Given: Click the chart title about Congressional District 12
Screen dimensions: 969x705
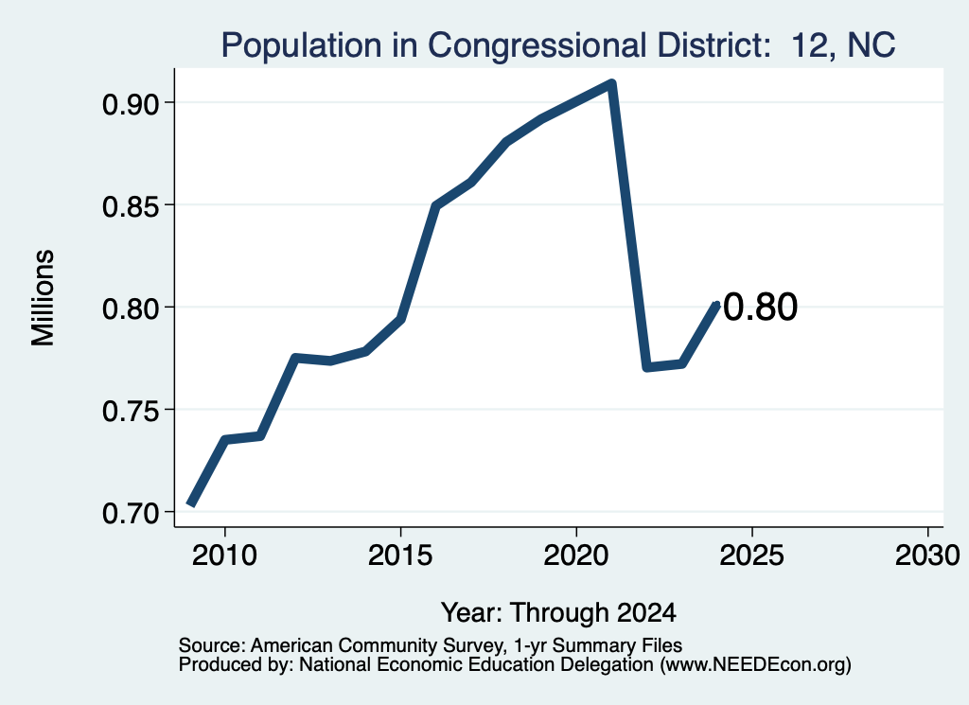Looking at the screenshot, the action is click(x=558, y=45).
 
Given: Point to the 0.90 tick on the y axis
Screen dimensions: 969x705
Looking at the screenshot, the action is click(x=131, y=104).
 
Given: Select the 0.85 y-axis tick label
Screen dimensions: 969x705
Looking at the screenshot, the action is click(x=131, y=207).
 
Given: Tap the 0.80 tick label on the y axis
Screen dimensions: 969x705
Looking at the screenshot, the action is click(x=131, y=308).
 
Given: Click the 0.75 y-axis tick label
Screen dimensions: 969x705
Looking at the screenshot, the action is click(x=131, y=412).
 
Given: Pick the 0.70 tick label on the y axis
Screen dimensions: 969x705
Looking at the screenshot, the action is click(x=131, y=514).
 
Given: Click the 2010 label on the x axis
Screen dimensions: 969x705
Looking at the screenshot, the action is click(x=224, y=555).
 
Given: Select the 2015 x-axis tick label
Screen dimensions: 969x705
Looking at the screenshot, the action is click(x=400, y=555).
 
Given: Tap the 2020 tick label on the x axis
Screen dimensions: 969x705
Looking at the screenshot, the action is click(x=576, y=555).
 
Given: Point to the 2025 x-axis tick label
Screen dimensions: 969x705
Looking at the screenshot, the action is click(x=752, y=555).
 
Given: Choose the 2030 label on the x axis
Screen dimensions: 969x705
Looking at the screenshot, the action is click(x=927, y=555).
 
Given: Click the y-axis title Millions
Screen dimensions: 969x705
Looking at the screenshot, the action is click(x=43, y=298).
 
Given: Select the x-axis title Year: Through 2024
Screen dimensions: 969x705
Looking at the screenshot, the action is click(x=558, y=613).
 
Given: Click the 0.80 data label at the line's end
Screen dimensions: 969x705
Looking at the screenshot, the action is click(x=760, y=308).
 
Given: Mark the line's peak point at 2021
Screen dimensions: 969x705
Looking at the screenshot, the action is click(x=612, y=83).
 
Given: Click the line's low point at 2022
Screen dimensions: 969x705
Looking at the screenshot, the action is click(x=646, y=367).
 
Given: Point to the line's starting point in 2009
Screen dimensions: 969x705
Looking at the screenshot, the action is click(x=191, y=504).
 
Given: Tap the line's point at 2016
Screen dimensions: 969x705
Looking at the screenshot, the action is click(x=435, y=205).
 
